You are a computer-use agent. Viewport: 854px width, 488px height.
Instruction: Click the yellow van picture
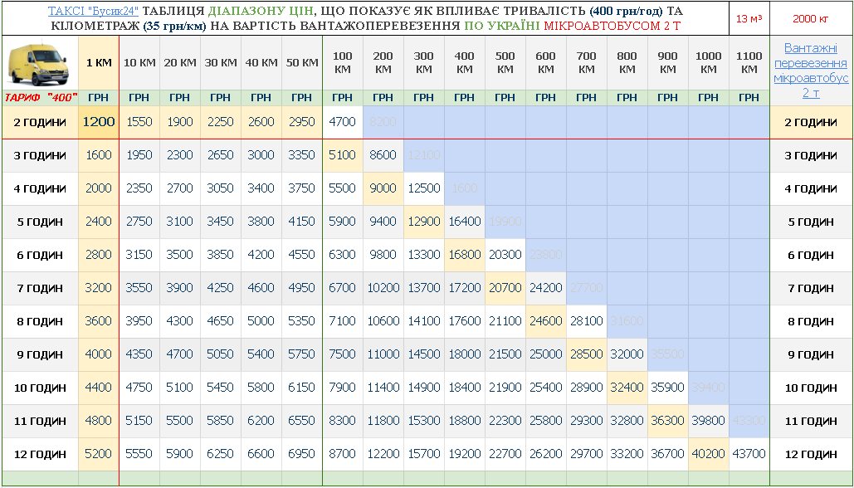pos(40,62)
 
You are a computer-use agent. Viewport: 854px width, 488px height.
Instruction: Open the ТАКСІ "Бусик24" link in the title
pos(94,11)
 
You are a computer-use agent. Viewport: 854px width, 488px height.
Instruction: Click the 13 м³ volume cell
pos(749,18)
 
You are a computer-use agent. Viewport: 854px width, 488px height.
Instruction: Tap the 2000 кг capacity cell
pos(811,18)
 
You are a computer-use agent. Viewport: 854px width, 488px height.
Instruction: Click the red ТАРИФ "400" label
pos(41,98)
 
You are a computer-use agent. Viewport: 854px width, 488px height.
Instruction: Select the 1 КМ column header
pos(98,63)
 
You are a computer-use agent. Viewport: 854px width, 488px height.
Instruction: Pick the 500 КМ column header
pos(505,63)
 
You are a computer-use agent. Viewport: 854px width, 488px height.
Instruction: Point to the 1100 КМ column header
pos(749,63)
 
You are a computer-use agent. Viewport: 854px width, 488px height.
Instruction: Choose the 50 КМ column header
pos(301,63)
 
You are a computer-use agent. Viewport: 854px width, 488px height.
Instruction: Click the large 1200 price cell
pos(98,122)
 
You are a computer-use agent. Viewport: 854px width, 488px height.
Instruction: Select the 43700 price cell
pos(749,454)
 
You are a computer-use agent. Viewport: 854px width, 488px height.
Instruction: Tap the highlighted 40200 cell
pos(708,454)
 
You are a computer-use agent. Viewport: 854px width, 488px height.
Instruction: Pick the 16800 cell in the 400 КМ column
pos(464,255)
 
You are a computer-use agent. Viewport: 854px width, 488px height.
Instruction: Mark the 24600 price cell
pos(545,321)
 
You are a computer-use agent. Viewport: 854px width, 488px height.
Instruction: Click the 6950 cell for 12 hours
pos(301,454)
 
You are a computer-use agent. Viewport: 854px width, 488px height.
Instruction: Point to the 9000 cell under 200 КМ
pos(383,188)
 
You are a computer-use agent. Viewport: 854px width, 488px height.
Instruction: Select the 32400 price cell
pos(627,388)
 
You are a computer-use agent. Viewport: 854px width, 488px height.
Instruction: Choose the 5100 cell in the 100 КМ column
pos(342,155)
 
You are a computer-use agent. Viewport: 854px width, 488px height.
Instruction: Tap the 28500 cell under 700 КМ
pos(586,354)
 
